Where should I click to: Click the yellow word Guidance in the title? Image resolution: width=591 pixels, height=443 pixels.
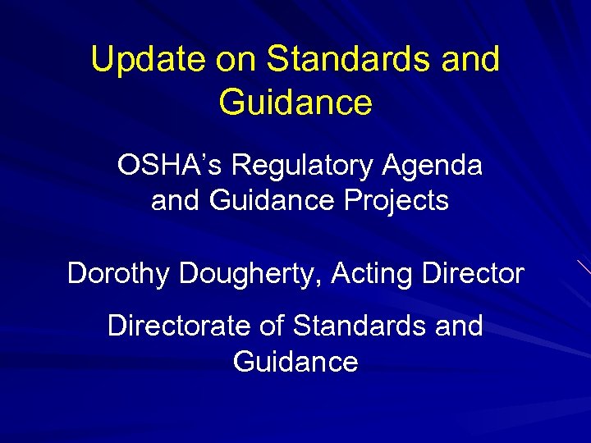[295, 103]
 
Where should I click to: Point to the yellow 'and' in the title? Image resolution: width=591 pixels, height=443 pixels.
[471, 60]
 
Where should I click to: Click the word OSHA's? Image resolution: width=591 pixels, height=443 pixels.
[170, 166]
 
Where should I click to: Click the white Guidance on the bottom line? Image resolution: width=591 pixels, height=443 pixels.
[295, 362]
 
